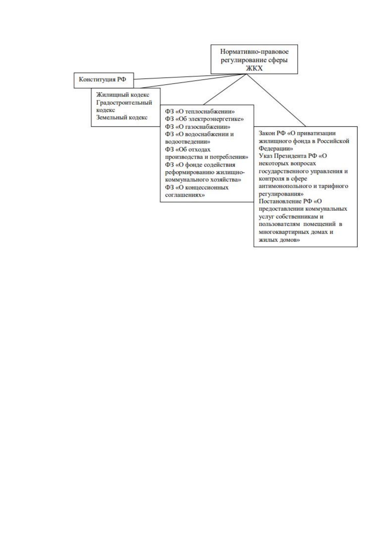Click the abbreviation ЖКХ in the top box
254,68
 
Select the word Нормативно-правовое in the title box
254,52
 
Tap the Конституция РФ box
104,80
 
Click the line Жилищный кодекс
122,95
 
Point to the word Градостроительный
124,103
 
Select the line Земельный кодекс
122,118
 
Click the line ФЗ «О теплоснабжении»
200,111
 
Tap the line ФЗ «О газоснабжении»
198,127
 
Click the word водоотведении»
187,142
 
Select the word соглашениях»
185,195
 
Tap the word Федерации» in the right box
276,149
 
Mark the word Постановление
280,201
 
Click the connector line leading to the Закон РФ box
276,100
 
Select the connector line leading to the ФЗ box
225,89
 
